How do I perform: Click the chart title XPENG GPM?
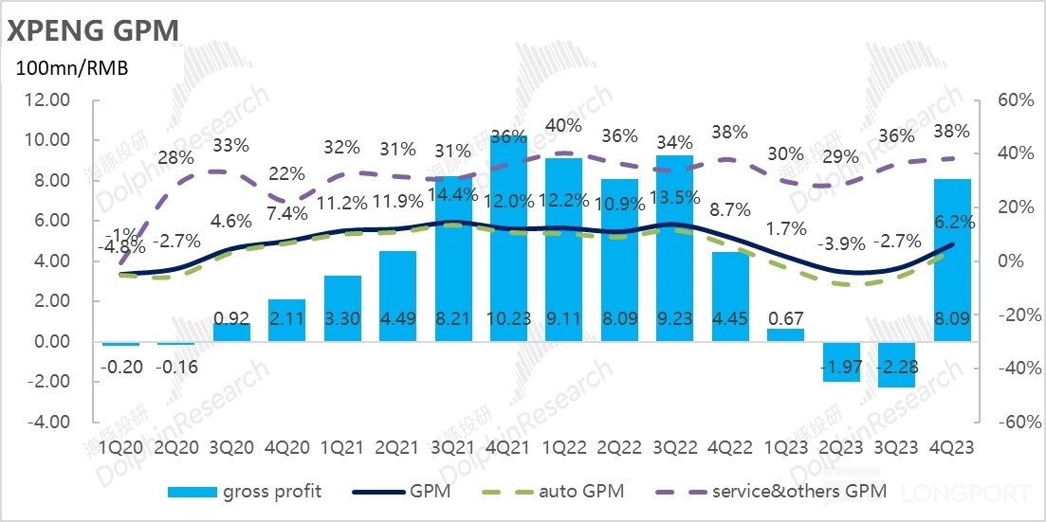(93, 30)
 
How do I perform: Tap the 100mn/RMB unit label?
(70, 68)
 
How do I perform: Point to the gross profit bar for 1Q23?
(786, 334)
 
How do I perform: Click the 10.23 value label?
(508, 319)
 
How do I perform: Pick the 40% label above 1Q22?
(564, 125)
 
